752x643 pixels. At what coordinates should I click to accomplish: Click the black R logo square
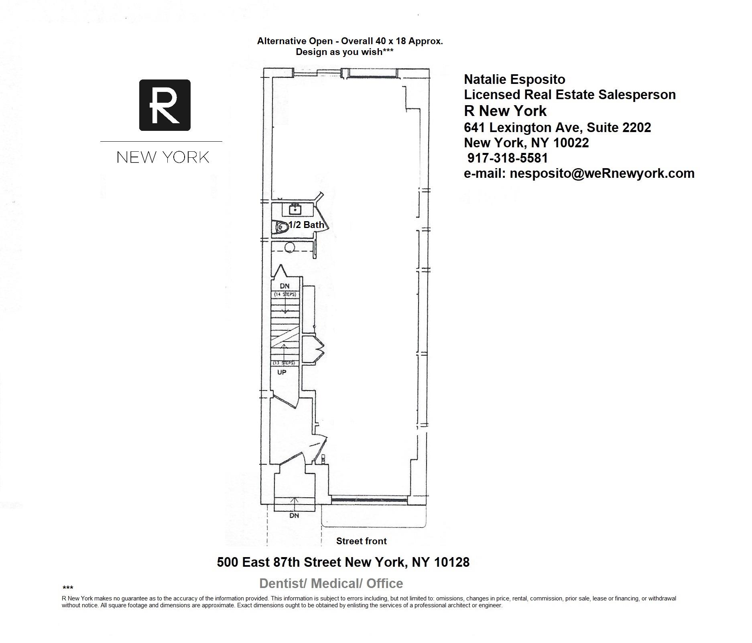coord(165,105)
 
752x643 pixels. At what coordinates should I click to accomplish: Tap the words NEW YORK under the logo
coord(163,157)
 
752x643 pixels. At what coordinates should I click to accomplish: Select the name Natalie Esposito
coord(514,79)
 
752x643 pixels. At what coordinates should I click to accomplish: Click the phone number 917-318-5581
coord(508,158)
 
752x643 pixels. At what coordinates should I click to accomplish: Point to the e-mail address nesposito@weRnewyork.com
coord(602,173)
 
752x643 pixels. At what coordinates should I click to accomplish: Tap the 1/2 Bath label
coord(307,225)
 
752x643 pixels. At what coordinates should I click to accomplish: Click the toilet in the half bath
coord(281,228)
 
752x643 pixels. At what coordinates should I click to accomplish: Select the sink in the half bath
coord(295,210)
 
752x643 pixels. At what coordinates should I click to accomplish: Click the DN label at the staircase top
coord(285,286)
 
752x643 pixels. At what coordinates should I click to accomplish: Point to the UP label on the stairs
coord(282,372)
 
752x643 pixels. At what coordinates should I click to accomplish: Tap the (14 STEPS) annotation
coord(285,295)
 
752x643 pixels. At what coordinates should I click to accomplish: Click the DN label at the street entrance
coord(294,515)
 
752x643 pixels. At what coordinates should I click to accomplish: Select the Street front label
coord(362,541)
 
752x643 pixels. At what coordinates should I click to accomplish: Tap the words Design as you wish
coord(339,52)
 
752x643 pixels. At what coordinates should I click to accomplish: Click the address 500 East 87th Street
coord(279,562)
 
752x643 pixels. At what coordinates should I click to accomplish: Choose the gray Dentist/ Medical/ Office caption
coord(331,583)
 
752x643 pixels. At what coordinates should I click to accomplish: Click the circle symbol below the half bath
coord(290,247)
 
